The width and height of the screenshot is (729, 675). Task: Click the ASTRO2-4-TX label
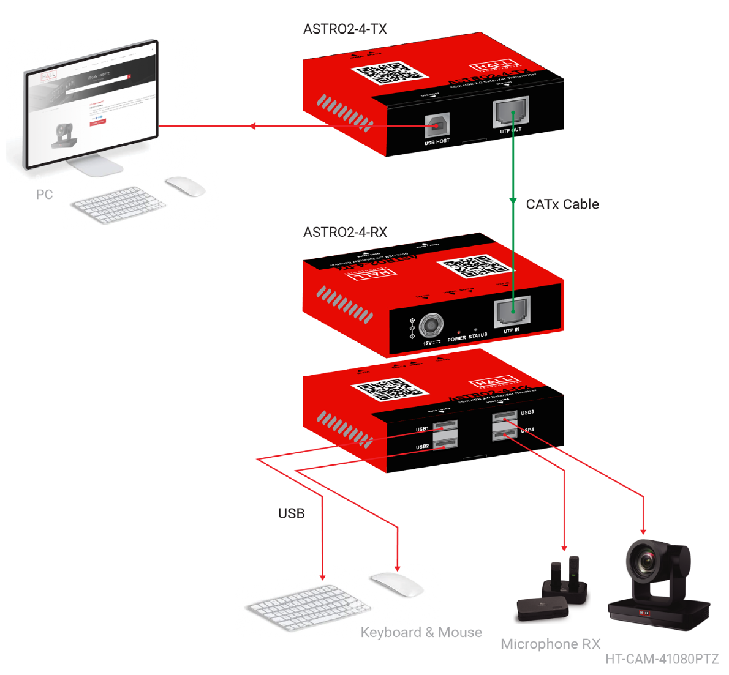pyautogui.click(x=345, y=29)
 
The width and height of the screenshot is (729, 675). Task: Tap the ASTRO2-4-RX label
pyautogui.click(x=345, y=233)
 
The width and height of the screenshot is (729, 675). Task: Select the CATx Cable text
pyautogui.click(x=562, y=204)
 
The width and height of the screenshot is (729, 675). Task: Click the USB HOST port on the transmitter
pyautogui.click(x=437, y=125)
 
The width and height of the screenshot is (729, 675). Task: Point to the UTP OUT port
pyautogui.click(x=511, y=112)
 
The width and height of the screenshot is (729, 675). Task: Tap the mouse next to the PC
pyautogui.click(x=185, y=186)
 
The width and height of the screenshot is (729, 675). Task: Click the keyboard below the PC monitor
pyautogui.click(x=118, y=204)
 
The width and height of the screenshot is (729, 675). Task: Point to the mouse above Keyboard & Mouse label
pyautogui.click(x=397, y=584)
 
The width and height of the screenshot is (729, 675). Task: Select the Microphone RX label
pyautogui.click(x=550, y=644)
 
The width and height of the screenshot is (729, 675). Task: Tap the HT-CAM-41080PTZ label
pyautogui.click(x=662, y=659)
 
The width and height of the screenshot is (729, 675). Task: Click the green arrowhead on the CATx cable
pyautogui.click(x=513, y=201)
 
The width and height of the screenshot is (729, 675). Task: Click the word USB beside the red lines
pyautogui.click(x=291, y=513)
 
